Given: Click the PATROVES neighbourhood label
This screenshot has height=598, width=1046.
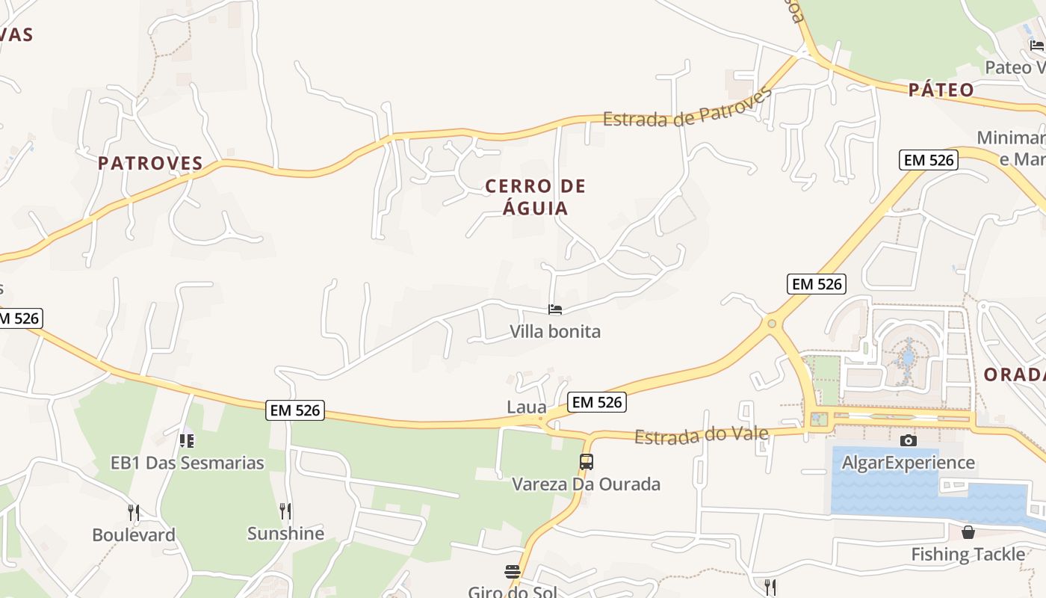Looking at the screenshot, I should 150,163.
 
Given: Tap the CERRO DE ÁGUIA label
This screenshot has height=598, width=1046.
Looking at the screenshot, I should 536,197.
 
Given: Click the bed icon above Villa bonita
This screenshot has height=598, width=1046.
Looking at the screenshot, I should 554,309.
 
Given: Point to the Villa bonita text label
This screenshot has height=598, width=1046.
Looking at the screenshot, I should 555,331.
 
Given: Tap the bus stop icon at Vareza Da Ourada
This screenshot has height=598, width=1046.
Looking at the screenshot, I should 587,462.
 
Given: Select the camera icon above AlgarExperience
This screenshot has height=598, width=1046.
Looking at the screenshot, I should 909,440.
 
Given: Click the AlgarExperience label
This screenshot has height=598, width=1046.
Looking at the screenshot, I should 909,463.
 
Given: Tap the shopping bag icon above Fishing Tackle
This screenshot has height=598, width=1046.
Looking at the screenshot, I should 968,532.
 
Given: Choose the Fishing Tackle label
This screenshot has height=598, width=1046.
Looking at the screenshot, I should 968,555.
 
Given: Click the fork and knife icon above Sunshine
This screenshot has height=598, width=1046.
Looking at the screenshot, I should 285,511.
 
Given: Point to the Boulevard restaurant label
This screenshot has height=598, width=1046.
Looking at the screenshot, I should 134,535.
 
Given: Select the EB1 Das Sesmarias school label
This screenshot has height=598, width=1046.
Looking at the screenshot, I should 188,463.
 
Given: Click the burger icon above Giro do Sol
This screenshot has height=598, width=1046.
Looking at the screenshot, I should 513,572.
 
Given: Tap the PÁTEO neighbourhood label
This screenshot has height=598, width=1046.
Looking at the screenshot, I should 941,90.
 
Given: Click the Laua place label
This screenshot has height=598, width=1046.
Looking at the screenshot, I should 527,407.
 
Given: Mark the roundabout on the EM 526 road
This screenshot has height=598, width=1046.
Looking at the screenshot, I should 772,324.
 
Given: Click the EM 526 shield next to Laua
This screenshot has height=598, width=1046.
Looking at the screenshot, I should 596,402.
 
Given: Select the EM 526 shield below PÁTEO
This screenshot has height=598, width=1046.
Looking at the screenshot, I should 929,160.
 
